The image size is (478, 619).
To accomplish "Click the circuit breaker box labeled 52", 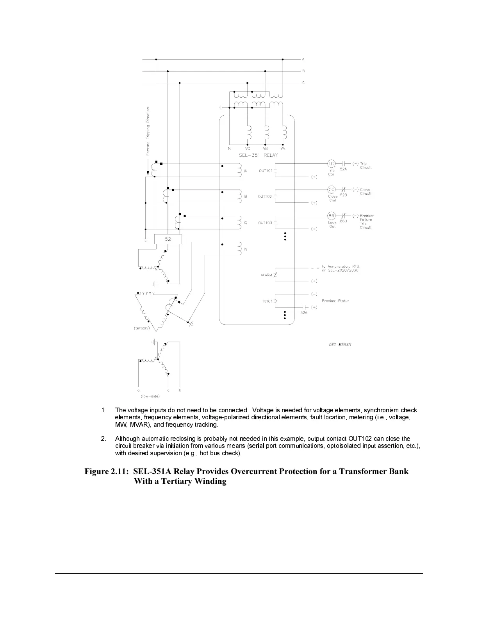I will click(x=168, y=239).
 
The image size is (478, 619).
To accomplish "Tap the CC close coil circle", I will click(x=331, y=190).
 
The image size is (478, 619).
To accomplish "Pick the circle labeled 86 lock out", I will click(x=331, y=216).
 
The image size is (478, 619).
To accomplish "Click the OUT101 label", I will click(x=266, y=171).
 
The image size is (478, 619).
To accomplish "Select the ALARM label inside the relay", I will click(x=266, y=276).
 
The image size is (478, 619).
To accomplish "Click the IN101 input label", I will click(x=267, y=301).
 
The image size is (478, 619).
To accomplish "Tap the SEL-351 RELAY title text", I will click(x=259, y=155).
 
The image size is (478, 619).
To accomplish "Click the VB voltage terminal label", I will click(x=265, y=149).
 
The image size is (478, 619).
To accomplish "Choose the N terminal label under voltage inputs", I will click(x=229, y=149).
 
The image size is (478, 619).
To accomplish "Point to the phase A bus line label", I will click(x=303, y=59).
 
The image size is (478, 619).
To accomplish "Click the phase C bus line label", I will click(x=303, y=83).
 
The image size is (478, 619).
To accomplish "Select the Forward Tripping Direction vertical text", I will click(x=148, y=132).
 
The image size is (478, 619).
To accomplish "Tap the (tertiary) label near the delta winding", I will click(x=141, y=328).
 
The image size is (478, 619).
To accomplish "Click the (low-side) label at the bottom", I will click(x=150, y=396).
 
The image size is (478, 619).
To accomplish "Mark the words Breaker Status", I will click(x=335, y=301).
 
